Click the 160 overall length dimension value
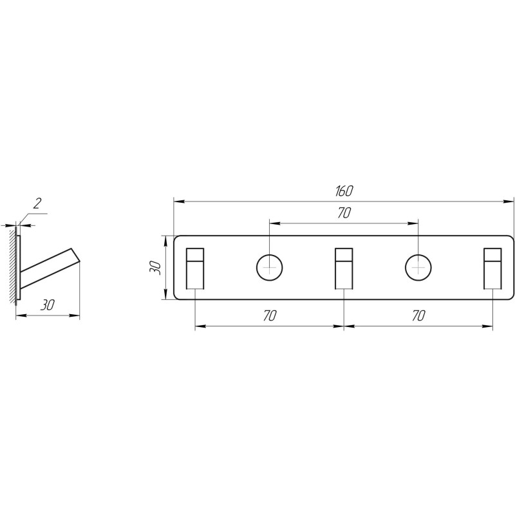click(344, 191)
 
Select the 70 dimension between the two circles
click(344, 213)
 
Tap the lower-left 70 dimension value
click(270, 315)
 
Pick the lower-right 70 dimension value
click(418, 315)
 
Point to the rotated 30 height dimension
click(154, 268)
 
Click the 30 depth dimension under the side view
click(47, 305)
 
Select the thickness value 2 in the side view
click(37, 203)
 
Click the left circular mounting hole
click(269, 267)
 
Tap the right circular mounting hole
click(418, 267)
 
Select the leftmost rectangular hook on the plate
click(195, 268)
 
